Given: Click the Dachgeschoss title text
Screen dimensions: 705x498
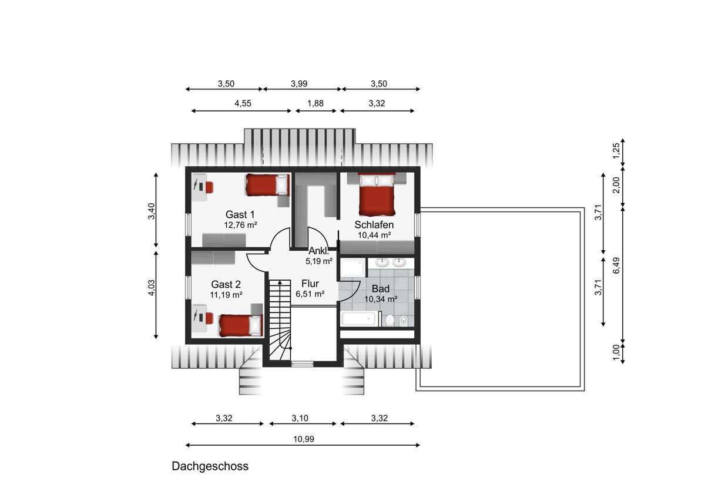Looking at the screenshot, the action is pyautogui.click(x=210, y=466).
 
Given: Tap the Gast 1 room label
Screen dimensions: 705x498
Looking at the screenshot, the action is pyautogui.click(x=240, y=214).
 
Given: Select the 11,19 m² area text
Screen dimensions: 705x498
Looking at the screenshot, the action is pyautogui.click(x=226, y=295).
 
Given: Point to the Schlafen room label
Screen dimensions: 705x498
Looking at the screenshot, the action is pyautogui.click(x=374, y=224).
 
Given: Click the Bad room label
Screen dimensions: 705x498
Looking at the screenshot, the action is pyautogui.click(x=381, y=288).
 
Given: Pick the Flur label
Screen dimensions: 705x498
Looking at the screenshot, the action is pyautogui.click(x=310, y=284).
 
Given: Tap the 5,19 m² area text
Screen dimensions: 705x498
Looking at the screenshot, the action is pyautogui.click(x=319, y=261).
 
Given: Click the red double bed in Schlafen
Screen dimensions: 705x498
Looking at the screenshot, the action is pyautogui.click(x=377, y=194).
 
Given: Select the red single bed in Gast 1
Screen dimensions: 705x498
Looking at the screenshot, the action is pyautogui.click(x=267, y=184).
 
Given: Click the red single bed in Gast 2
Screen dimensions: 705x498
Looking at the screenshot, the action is pyautogui.click(x=241, y=325).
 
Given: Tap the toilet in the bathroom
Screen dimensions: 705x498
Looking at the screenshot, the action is pyautogui.click(x=390, y=320).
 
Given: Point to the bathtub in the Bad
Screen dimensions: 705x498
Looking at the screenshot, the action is pyautogui.click(x=359, y=319).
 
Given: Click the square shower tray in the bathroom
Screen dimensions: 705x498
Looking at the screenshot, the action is pyautogui.click(x=354, y=267).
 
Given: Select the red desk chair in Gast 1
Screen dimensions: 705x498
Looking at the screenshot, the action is pyautogui.click(x=209, y=187).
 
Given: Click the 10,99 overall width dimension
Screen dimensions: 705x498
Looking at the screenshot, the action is pyautogui.click(x=304, y=439).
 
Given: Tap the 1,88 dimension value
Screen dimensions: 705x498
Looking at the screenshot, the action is pyautogui.click(x=315, y=103).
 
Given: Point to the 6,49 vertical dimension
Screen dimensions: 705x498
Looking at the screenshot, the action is pyautogui.click(x=616, y=265).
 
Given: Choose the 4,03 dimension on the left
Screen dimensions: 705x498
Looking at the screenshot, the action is pyautogui.click(x=152, y=288).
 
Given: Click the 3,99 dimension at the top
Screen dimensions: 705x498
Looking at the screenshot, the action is pyautogui.click(x=299, y=83).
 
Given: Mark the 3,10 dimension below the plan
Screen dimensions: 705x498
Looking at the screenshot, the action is pyautogui.click(x=300, y=418).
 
